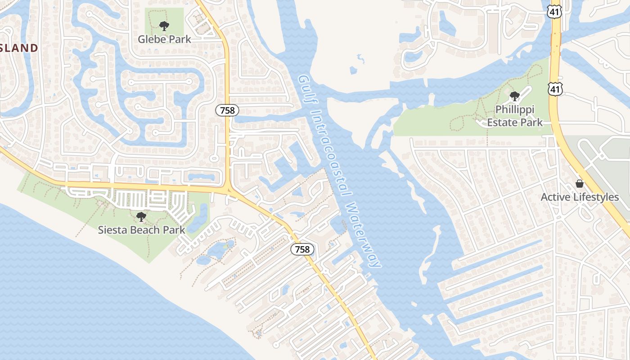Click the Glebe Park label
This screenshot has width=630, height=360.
[164, 39]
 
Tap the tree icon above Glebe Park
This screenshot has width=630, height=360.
[164, 26]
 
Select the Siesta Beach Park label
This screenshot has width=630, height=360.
[141, 230]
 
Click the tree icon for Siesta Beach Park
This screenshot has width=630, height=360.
[141, 217]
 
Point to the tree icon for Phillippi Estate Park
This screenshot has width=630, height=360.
[514, 96]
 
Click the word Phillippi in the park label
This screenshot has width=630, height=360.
[514, 109]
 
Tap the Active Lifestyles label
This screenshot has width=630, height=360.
[580, 197]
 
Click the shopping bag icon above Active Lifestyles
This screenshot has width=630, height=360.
[580, 184]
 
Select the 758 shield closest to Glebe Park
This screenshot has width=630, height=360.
[227, 110]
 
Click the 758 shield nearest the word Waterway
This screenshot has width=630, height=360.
[302, 249]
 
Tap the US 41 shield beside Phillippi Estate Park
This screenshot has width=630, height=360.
[555, 90]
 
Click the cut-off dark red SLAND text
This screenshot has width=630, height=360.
[19, 48]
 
